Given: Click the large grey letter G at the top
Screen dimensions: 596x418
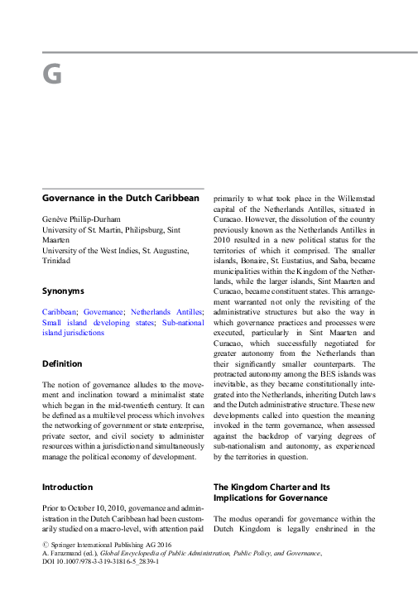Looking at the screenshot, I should coord(52,76).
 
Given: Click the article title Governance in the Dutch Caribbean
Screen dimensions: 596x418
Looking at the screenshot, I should coord(121,199).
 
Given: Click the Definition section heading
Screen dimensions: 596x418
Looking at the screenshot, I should coord(62,363).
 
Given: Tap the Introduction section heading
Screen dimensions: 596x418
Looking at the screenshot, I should coord(68,487).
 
